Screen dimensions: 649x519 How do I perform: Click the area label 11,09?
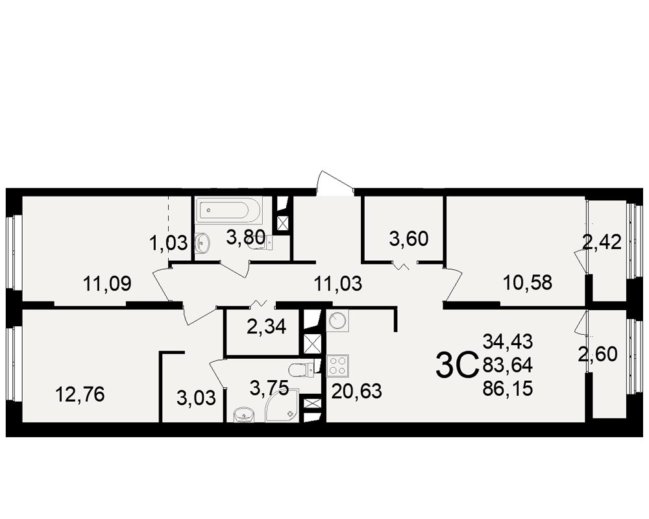(x=107, y=284)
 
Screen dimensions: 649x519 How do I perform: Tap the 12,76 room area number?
(x=80, y=394)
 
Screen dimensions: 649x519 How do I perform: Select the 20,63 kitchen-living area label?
(x=357, y=391)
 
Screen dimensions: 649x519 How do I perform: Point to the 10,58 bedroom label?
(x=528, y=283)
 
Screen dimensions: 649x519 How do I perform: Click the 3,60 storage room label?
(x=409, y=239)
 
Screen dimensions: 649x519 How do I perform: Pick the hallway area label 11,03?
(x=338, y=284)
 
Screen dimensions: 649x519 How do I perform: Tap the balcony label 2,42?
(x=602, y=243)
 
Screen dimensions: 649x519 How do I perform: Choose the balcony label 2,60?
(x=598, y=354)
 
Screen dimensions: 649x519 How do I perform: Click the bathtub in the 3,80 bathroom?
(x=229, y=210)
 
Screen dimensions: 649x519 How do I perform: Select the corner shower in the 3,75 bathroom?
(x=282, y=405)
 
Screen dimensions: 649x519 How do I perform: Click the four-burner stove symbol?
(x=337, y=366)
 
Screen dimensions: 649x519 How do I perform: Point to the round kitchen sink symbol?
(x=337, y=320)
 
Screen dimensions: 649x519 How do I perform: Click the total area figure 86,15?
(x=508, y=389)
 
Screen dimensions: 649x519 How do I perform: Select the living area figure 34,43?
(x=508, y=342)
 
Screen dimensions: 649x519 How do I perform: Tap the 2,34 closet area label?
(x=267, y=328)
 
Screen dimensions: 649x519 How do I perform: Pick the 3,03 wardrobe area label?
(x=196, y=398)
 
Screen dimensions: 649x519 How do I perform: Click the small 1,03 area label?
(x=169, y=243)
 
